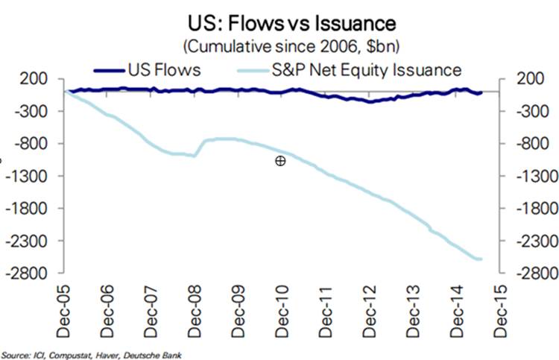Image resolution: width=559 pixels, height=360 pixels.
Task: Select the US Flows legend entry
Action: pyautogui.click(x=149, y=70)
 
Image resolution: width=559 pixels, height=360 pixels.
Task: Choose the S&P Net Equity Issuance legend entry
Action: pyautogui.click(x=350, y=70)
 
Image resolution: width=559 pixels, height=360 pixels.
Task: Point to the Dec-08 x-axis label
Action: pyautogui.click(x=193, y=302)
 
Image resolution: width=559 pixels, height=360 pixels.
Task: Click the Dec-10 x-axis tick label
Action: pyautogui.click(x=280, y=302)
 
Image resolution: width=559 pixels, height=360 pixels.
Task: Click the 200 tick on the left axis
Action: pyautogui.click(x=36, y=79)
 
